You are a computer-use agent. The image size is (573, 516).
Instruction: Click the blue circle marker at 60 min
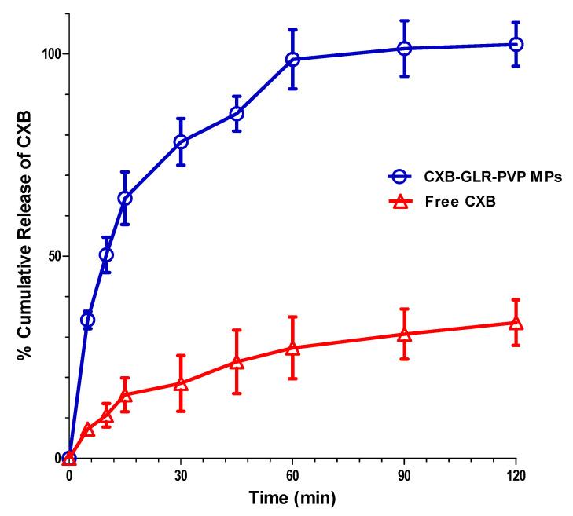tap(292, 60)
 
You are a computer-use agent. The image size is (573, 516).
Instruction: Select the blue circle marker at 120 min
tap(516, 45)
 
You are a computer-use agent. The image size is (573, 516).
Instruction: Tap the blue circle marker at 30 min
tap(181, 142)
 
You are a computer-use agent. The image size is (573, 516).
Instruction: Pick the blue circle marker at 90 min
tap(404, 49)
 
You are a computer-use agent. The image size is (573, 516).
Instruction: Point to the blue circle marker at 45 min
tap(237, 114)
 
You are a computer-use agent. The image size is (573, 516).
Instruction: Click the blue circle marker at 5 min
tap(88, 320)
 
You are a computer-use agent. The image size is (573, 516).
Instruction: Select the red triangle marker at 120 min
tap(516, 323)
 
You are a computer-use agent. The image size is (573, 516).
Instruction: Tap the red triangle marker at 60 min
tap(292, 348)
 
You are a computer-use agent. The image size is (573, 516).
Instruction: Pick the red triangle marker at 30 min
tap(181, 384)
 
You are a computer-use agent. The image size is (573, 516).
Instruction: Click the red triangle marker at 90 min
tap(404, 335)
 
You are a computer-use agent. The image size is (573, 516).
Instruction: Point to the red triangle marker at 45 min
tap(237, 362)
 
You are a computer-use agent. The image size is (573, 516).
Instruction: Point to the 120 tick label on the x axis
tap(516, 475)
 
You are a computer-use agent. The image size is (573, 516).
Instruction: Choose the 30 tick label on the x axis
tap(181, 475)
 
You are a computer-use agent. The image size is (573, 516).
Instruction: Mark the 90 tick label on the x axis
tap(404, 475)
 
